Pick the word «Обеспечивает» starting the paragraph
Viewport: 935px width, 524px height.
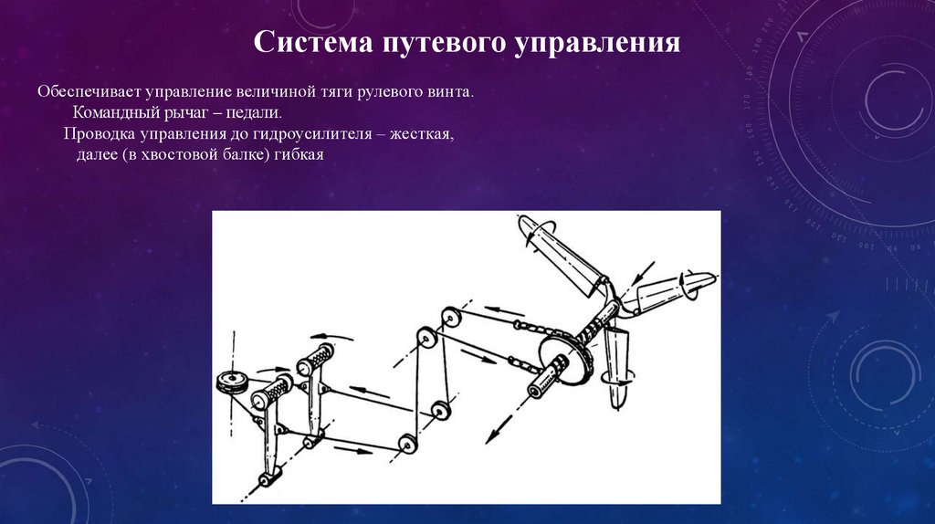tap(89, 92)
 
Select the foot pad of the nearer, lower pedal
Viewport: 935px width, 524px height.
tap(271, 391)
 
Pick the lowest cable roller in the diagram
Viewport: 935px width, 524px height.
tap(407, 444)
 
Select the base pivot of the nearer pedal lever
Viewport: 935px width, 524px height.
tap(269, 478)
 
